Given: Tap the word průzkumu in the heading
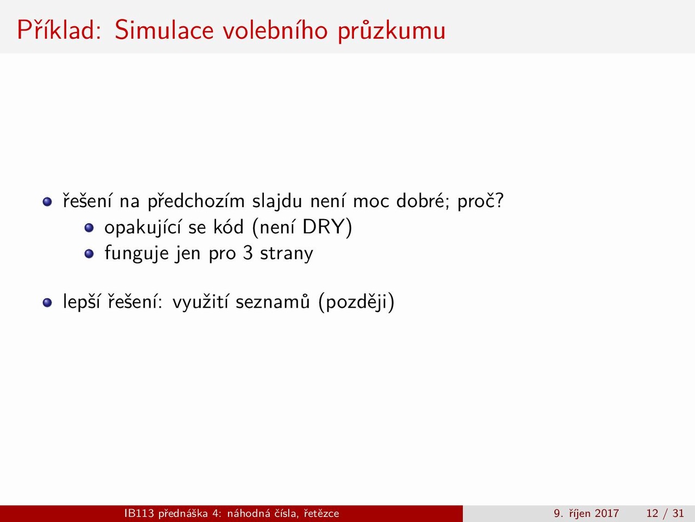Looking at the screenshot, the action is pyautogui.click(x=391, y=32).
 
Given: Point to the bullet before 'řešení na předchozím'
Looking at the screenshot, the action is pyautogui.click(x=47, y=202).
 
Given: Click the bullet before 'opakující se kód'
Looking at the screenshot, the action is pyautogui.click(x=89, y=228).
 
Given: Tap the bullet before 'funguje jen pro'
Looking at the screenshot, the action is pyautogui.click(x=89, y=253).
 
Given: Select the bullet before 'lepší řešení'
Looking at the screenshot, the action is pyautogui.click(x=47, y=302).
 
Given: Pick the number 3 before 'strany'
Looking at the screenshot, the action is pyautogui.click(x=248, y=253).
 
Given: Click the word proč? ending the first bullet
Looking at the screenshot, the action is pyautogui.click(x=481, y=201).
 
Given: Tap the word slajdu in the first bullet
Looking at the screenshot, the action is pyautogui.click(x=277, y=201).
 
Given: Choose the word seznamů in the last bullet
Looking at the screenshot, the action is pyautogui.click(x=273, y=301).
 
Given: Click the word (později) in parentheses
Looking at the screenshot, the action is pyautogui.click(x=357, y=302).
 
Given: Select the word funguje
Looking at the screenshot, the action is pyautogui.click(x=136, y=253).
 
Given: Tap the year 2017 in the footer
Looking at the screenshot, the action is pyautogui.click(x=606, y=513).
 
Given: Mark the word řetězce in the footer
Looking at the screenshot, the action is pyautogui.click(x=321, y=513).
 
